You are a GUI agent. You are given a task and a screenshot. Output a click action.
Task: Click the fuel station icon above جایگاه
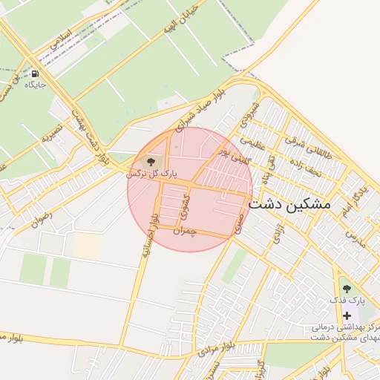(35, 74)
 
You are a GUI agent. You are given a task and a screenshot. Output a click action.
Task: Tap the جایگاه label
(35, 85)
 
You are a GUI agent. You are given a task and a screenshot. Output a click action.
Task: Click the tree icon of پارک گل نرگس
(149, 160)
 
